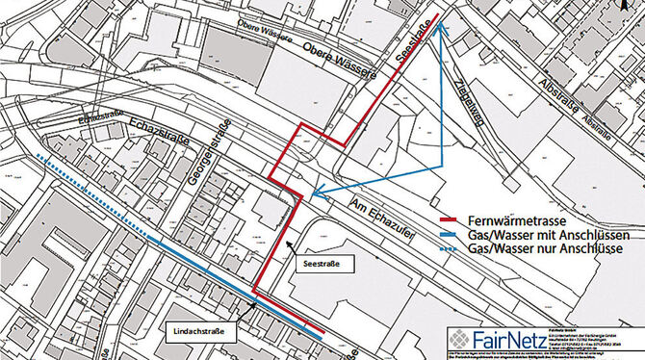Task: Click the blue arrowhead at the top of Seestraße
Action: coord(438,26)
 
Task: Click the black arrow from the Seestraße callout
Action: coord(288,245)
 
